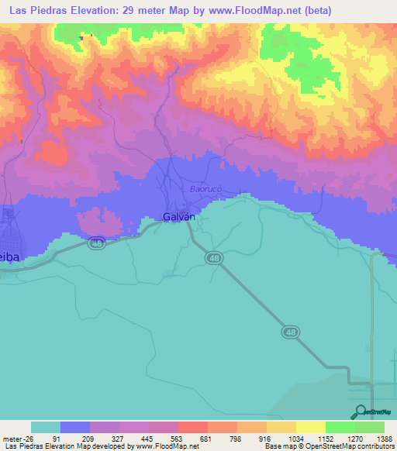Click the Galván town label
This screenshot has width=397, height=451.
(x=177, y=218)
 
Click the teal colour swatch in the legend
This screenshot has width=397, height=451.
(x=46, y=427)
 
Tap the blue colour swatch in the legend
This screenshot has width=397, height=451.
(x=75, y=427)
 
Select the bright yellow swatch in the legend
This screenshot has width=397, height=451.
(x=311, y=427)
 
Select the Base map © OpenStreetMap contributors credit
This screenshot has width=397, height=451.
(x=329, y=446)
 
